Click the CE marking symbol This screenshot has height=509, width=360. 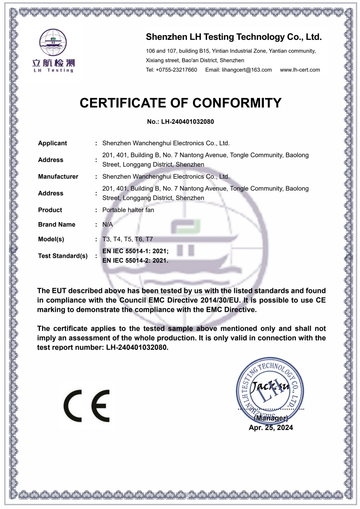point(87,406)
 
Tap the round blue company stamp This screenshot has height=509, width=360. point(270,391)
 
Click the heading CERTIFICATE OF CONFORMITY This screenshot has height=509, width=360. point(180,103)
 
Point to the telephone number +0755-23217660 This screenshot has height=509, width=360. point(176,70)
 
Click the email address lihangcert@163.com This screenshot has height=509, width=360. point(247,70)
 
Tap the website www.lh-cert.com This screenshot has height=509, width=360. point(300,70)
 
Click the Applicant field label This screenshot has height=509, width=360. point(53,143)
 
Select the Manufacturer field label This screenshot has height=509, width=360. point(58,177)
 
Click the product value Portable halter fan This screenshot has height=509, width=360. point(128,210)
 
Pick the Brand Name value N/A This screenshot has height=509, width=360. point(108,225)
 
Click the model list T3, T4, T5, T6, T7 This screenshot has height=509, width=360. point(127,239)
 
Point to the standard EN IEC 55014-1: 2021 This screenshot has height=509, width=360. point(135,251)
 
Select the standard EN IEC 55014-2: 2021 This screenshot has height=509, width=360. point(135,261)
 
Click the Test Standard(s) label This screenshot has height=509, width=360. point(63,256)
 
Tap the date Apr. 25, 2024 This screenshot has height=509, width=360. point(271,428)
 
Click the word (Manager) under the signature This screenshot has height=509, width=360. point(271,418)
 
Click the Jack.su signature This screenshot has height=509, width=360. point(270,387)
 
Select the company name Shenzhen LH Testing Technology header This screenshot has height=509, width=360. point(234,37)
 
